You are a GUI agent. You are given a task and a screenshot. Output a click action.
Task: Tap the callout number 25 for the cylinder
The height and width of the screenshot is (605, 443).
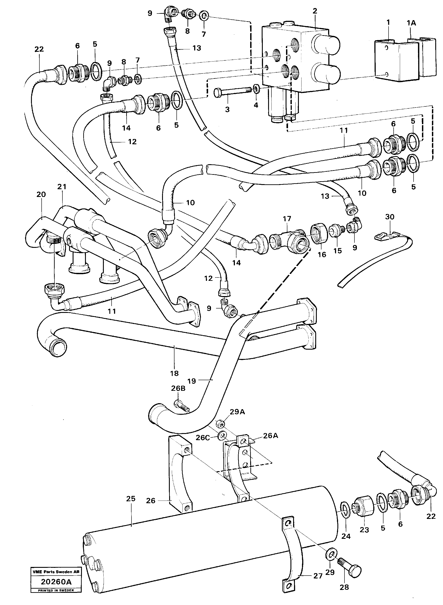[131, 499]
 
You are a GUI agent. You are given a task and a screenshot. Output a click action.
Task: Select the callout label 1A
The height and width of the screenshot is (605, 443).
[411, 23]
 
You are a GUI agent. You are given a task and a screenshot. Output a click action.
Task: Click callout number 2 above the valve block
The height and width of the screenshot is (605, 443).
[315, 11]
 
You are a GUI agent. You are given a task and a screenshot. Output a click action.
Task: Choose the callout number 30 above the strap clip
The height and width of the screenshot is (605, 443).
[390, 217]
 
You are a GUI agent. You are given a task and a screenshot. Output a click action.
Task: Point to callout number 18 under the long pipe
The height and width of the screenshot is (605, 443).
[174, 373]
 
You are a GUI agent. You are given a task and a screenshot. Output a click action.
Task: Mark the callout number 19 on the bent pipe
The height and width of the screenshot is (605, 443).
[192, 381]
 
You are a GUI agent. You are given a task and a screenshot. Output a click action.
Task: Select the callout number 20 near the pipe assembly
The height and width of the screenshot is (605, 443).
[41, 194]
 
